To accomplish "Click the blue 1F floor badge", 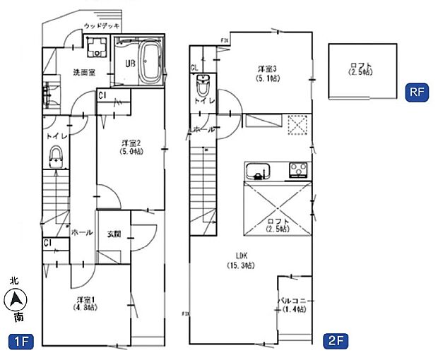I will tap(21, 342).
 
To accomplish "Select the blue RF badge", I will tap(415, 92).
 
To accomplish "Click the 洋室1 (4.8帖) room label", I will tap(87, 304).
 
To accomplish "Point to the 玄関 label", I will tap(114, 234).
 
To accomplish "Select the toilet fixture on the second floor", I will tap(203, 85).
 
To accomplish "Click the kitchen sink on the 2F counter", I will tap(257, 169).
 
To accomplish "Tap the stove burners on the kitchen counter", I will tap(297, 169).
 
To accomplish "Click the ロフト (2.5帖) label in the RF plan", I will tap(361, 71).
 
